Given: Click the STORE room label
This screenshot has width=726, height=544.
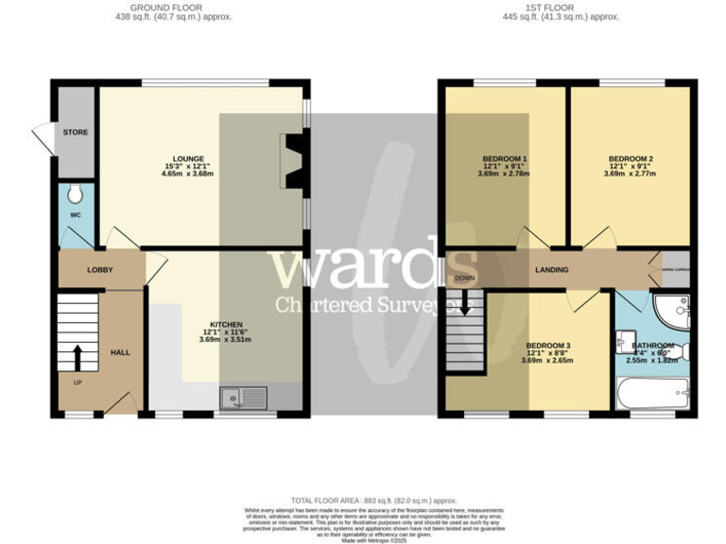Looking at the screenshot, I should [x=76, y=132].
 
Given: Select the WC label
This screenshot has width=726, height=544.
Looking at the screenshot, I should [x=76, y=215].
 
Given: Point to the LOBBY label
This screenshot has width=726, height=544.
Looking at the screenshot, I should [x=100, y=270].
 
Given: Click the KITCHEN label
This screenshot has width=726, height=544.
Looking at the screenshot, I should [x=227, y=324].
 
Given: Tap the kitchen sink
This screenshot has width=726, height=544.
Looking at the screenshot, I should [x=247, y=399].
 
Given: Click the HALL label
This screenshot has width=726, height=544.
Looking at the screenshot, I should [x=121, y=352].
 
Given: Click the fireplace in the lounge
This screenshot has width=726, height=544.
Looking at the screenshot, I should [x=294, y=158].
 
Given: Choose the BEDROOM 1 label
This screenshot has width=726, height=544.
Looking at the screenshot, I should [x=504, y=159].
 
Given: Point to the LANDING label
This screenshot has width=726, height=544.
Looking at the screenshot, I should [x=551, y=270].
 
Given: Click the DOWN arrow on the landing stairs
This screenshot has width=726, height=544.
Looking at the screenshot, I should [x=464, y=307].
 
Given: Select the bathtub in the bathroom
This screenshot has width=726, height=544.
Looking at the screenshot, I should [x=653, y=391].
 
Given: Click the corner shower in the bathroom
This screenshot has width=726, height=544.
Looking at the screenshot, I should [x=675, y=309].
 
